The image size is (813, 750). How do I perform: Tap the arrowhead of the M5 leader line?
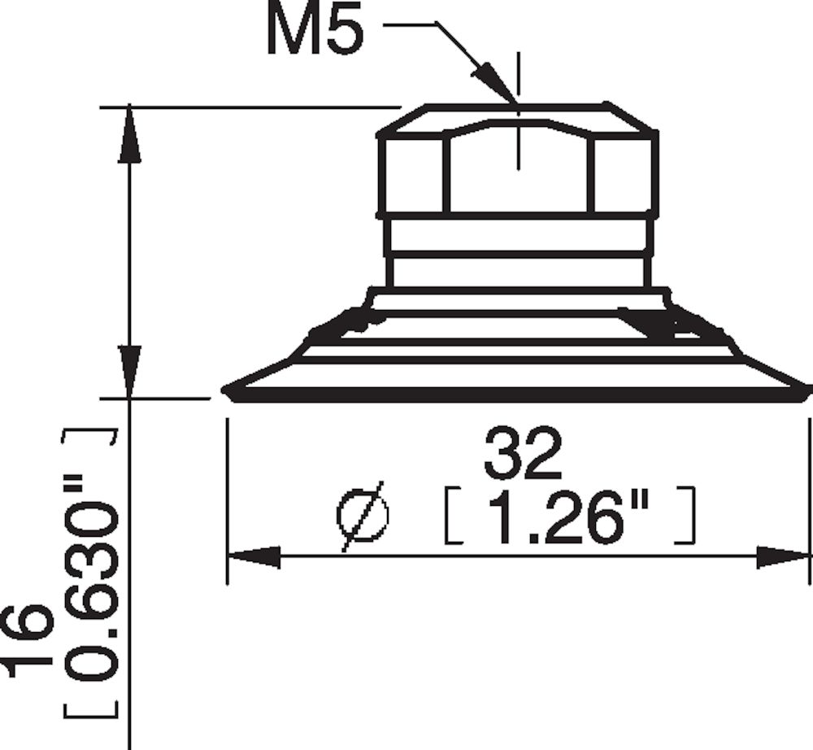(x=493, y=81)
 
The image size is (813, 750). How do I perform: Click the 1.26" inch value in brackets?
(x=569, y=516)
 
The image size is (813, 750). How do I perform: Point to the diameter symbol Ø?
(x=363, y=517)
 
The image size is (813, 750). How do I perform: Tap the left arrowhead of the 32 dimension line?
(x=254, y=556)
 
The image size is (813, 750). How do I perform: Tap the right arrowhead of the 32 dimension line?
(x=783, y=556)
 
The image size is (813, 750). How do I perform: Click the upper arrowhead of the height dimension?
(x=129, y=134)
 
